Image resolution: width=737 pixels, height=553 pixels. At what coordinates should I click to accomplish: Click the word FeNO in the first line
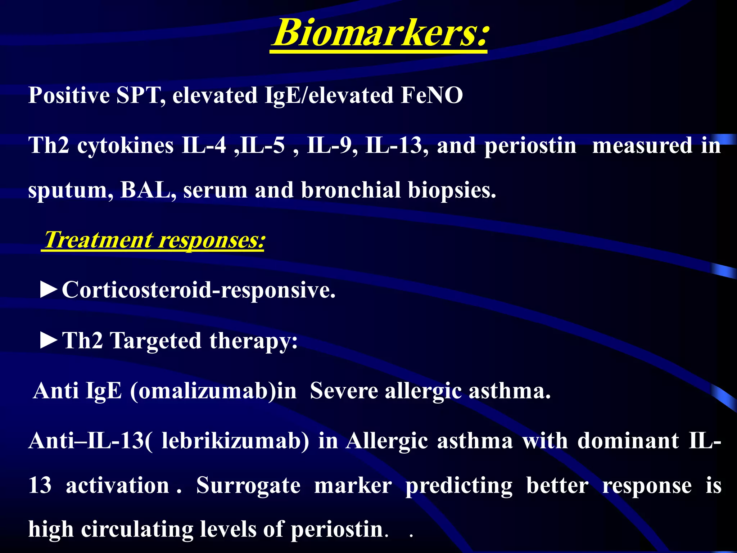pyautogui.click(x=431, y=96)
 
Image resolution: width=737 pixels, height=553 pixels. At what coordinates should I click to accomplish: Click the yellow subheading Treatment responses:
pyautogui.click(x=154, y=240)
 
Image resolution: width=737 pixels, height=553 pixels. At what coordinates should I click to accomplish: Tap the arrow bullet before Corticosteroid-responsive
pyautogui.click(x=49, y=290)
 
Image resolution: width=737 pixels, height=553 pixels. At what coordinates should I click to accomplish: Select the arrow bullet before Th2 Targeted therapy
pyautogui.click(x=49, y=341)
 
